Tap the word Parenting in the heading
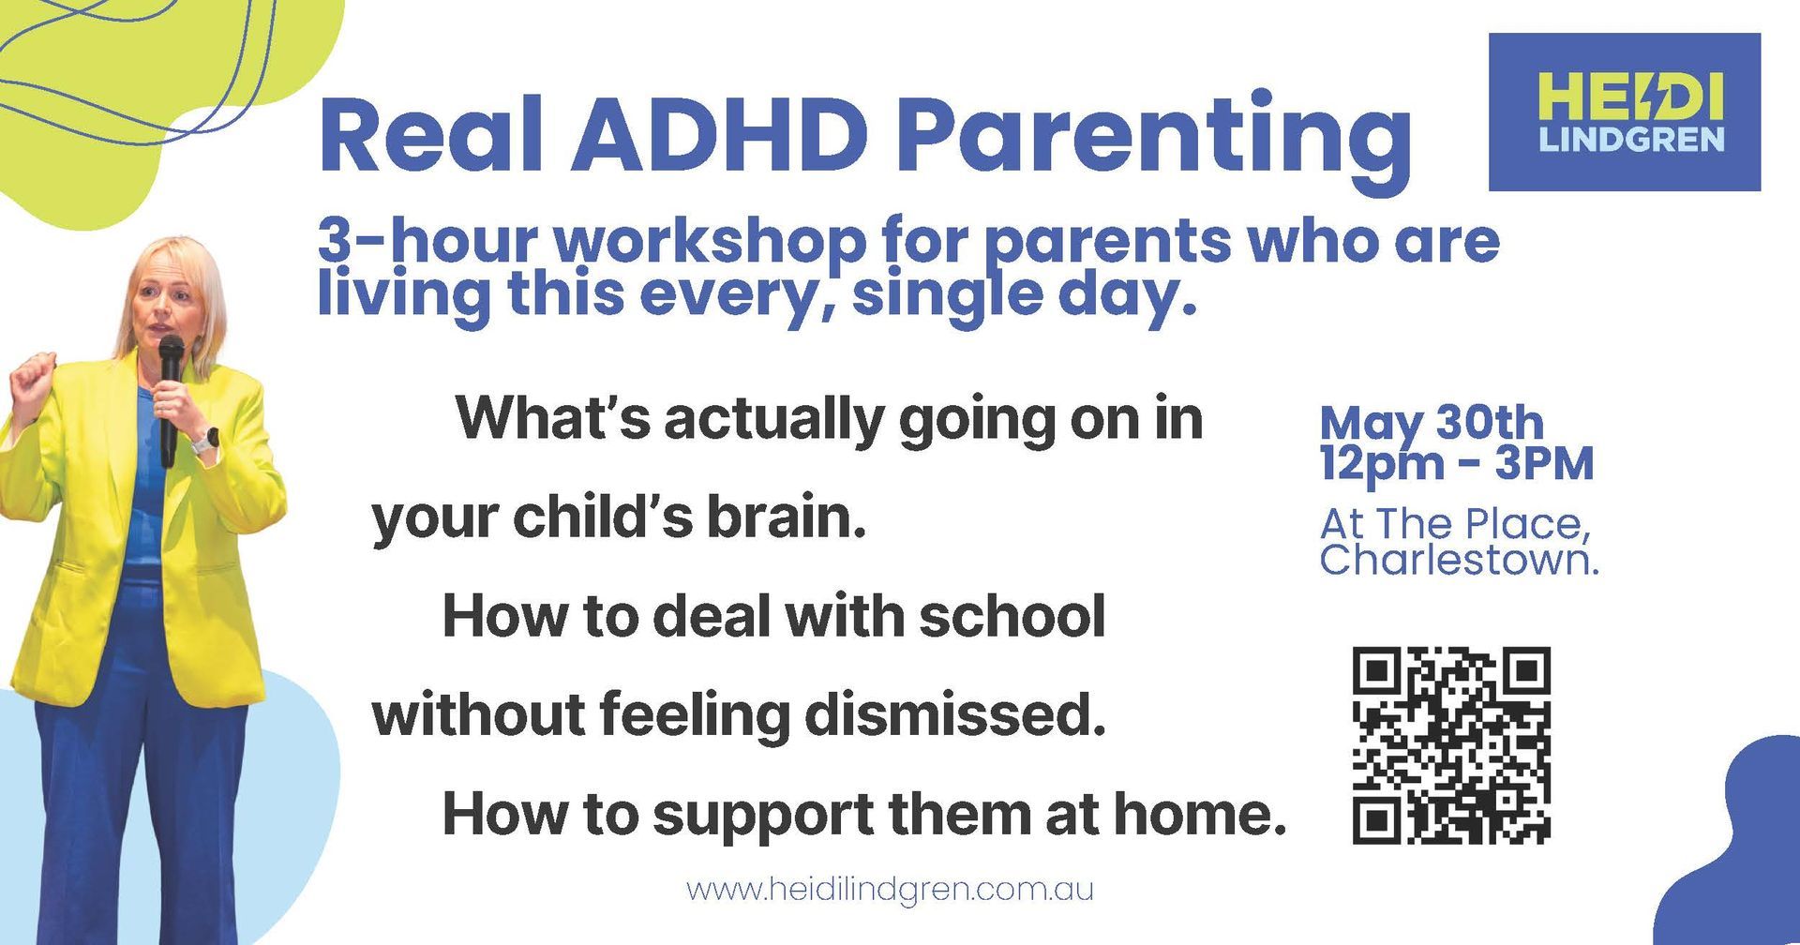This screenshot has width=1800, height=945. point(1153,141)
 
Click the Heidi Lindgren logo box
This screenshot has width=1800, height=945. point(1625,112)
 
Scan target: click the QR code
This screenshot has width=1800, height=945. point(1451,745)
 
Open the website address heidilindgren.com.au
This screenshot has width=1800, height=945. point(890,888)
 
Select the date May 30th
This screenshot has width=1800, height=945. point(1431,424)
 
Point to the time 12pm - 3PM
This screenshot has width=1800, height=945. point(1456,464)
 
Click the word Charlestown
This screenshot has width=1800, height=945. point(1459,561)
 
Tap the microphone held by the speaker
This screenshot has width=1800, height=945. point(170,398)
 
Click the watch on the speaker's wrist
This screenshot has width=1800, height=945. point(206,440)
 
